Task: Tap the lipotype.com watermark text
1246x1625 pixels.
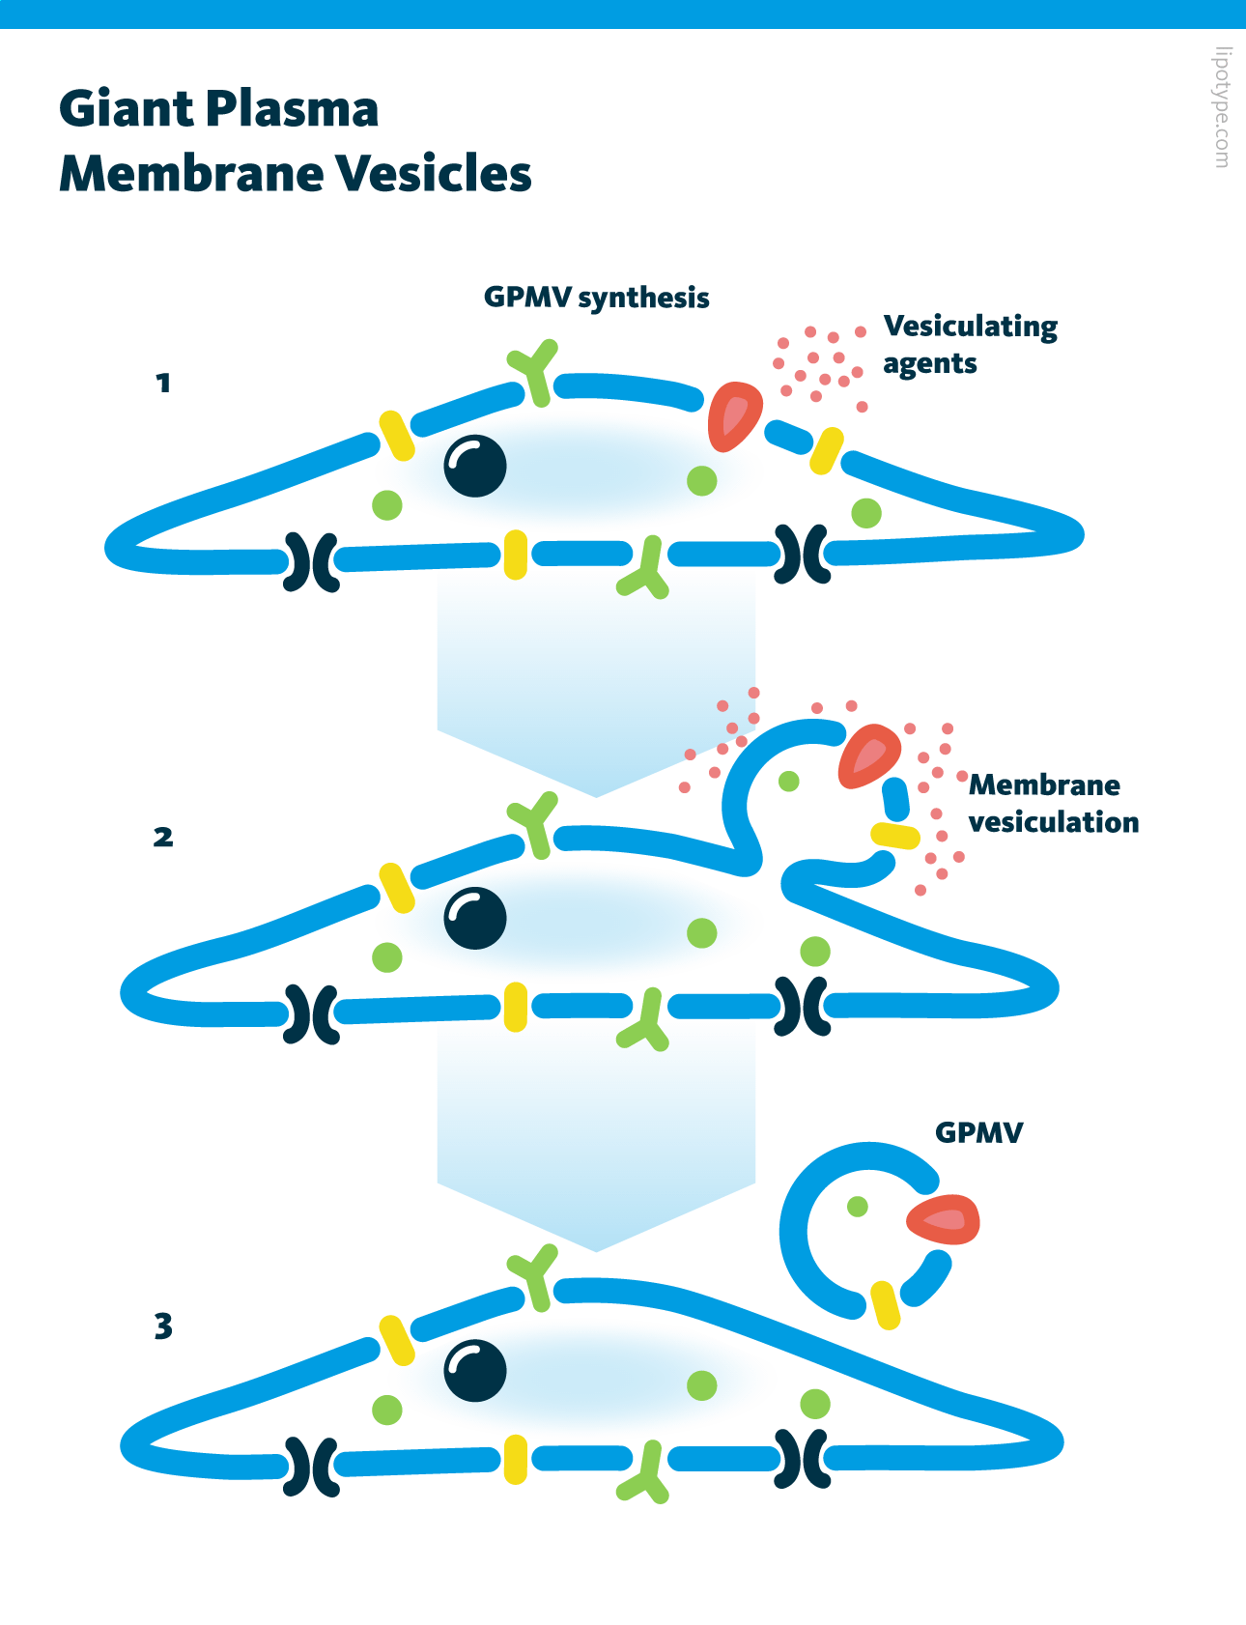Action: (x=1223, y=107)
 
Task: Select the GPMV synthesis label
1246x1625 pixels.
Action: (x=596, y=298)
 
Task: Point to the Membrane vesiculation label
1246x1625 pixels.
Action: (x=1053, y=803)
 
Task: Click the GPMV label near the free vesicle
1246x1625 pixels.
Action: (x=978, y=1132)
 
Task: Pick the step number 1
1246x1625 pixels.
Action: (x=163, y=384)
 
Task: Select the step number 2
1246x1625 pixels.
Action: (x=163, y=837)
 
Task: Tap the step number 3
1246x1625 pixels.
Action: (x=163, y=1326)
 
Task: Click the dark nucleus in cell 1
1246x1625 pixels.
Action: (x=475, y=466)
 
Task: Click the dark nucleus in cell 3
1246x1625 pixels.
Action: (x=475, y=1371)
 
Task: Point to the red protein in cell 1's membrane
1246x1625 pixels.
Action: (x=733, y=416)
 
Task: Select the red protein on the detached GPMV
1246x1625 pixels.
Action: (x=944, y=1220)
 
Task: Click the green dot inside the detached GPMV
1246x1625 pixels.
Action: (x=857, y=1206)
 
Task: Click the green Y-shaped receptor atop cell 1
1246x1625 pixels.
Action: (x=535, y=371)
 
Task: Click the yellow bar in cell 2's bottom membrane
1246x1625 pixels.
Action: (x=516, y=1007)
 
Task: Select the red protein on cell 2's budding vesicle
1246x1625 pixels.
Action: (x=868, y=755)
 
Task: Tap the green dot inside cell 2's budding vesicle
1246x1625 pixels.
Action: (x=789, y=781)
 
